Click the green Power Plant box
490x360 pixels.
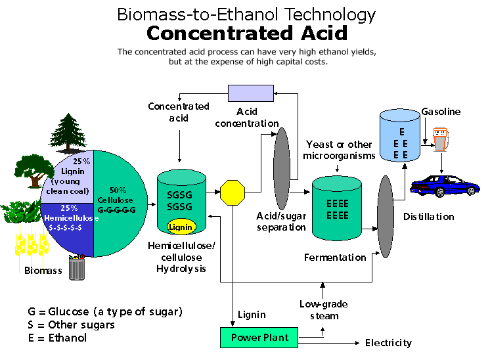[x=260, y=338]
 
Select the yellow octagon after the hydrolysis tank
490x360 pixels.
[x=232, y=193]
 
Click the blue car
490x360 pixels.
[x=440, y=184]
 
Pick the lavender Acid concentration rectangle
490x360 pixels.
[x=250, y=93]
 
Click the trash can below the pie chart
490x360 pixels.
[x=77, y=267]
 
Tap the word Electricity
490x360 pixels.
[x=389, y=343]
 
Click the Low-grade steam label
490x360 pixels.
[x=324, y=310]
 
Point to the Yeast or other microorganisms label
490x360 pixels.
[x=338, y=150]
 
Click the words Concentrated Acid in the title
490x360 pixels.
[x=246, y=33]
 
